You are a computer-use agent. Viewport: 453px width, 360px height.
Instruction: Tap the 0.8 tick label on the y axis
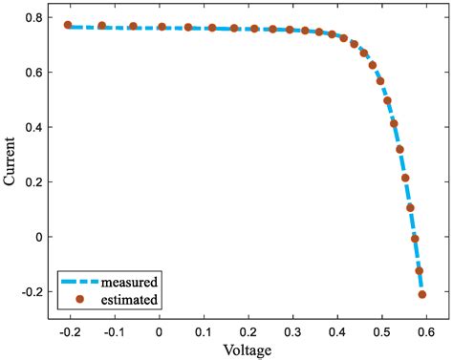point(40,18)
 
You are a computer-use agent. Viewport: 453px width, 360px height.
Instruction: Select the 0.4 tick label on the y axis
point(40,127)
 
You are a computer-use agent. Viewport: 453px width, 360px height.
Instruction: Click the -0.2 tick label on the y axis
point(37,291)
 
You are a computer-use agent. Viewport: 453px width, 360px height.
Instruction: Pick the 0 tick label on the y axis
point(47,237)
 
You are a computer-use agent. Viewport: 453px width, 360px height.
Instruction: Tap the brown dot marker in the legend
point(80,299)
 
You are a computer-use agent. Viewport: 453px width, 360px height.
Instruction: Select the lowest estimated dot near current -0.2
point(421,295)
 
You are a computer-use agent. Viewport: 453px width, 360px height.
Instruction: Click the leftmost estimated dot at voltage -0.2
point(68,26)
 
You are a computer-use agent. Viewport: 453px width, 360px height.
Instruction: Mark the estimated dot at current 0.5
point(387,100)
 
